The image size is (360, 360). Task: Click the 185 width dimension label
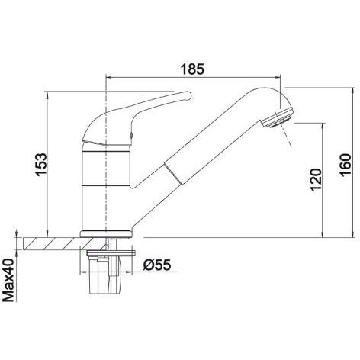(192, 69)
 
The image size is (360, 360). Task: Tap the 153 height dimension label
(41, 164)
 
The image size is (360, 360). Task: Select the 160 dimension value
(346, 164)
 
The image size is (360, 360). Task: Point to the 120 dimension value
(316, 180)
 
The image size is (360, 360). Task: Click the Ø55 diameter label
(157, 265)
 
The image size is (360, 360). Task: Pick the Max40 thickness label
(8, 280)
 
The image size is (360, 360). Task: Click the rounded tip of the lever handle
(188, 95)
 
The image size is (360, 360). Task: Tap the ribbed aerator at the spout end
(278, 117)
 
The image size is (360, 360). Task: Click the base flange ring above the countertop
(106, 233)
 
